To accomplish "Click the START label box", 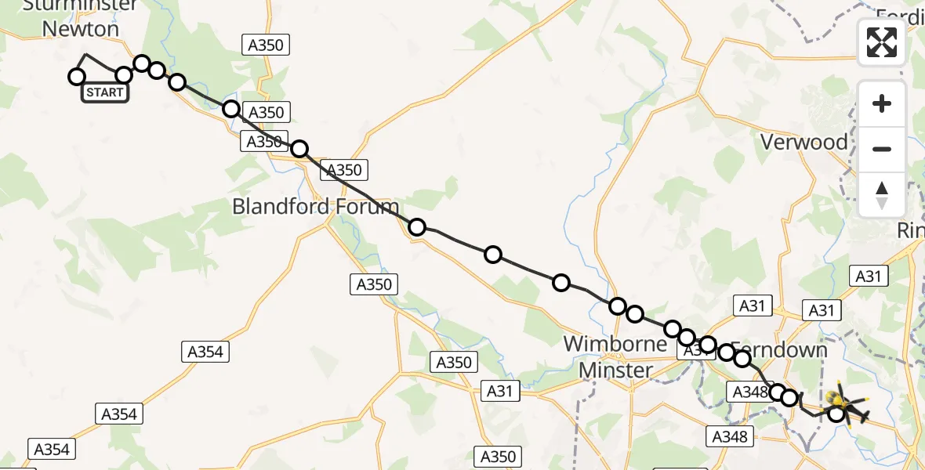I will tap(103, 92).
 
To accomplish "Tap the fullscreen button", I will tap(882, 42).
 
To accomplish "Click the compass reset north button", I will tap(882, 195).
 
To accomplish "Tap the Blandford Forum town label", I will tap(315, 208).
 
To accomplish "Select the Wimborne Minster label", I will tap(616, 356).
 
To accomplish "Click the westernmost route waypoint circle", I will tap(77, 77).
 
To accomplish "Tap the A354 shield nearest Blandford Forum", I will tap(205, 352).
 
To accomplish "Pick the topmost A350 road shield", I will tap(265, 45).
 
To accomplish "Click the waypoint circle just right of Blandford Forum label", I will tap(417, 227).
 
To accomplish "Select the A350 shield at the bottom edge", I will tap(497, 456).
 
